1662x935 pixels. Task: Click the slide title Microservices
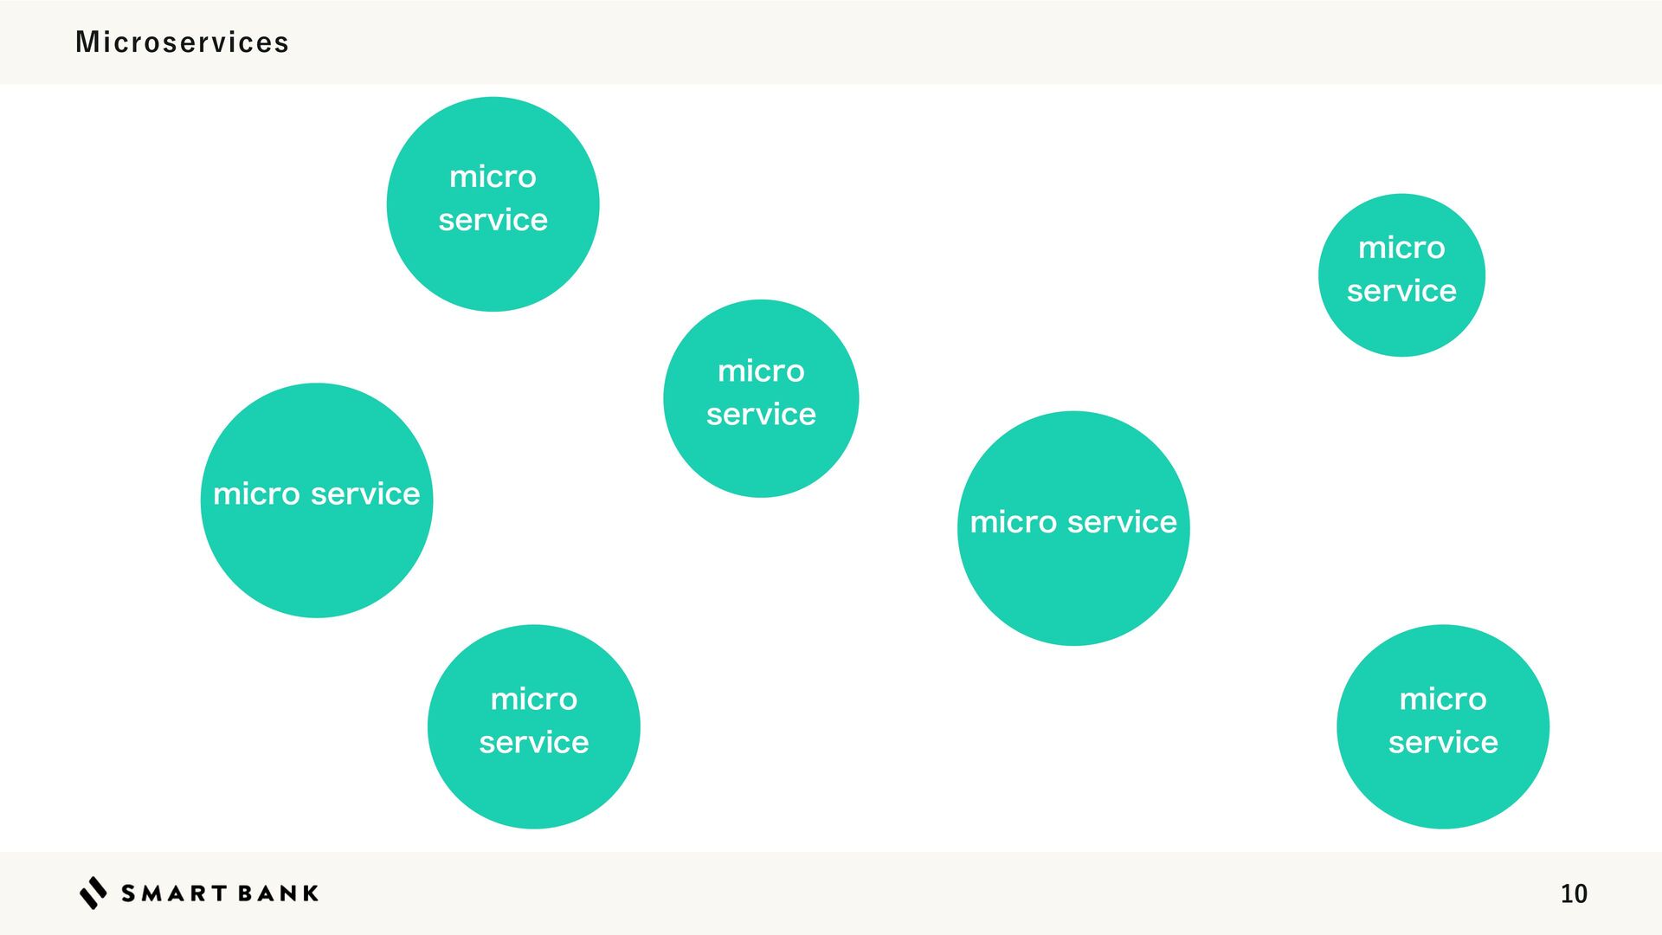[182, 42]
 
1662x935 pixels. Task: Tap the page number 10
[1573, 893]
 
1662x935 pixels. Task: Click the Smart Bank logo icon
[93, 893]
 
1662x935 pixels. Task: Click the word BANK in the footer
[278, 893]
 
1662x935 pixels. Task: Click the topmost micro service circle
[493, 204]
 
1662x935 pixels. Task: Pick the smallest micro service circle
[1401, 275]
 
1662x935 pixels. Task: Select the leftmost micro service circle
[317, 500]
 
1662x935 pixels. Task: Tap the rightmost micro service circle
[1443, 726]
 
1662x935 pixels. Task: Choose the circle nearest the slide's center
[761, 398]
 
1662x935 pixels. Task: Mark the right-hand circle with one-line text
[1073, 528]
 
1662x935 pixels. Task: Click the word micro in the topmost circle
[493, 177]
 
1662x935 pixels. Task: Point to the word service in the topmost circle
[493, 220]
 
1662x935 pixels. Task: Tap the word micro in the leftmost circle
[256, 494]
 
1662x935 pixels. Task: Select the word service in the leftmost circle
[365, 494]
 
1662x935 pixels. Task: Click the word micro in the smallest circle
[1401, 248]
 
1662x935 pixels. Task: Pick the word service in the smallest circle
[1401, 291]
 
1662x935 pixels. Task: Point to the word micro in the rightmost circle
[1443, 700]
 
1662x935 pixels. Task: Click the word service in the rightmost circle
[1443, 743]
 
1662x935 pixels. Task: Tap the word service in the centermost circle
[761, 415]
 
